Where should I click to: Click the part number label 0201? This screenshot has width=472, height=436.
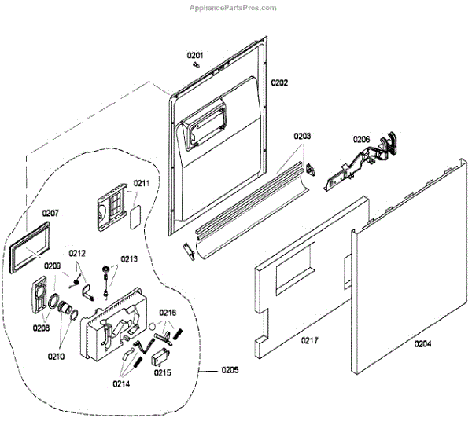[195, 55]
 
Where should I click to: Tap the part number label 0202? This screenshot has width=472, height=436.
[280, 82]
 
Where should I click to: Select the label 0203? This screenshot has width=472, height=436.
[303, 136]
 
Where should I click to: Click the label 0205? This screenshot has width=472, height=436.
[230, 369]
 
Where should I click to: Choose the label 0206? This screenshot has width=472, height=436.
[361, 139]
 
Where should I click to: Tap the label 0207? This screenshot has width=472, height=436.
[50, 213]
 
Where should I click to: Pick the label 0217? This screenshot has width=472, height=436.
[309, 340]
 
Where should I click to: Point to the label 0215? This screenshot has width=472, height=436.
[163, 373]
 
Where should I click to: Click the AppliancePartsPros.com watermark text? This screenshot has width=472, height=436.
[234, 8]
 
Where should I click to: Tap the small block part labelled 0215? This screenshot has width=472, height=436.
[160, 358]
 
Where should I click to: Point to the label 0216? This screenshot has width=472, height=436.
[168, 312]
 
